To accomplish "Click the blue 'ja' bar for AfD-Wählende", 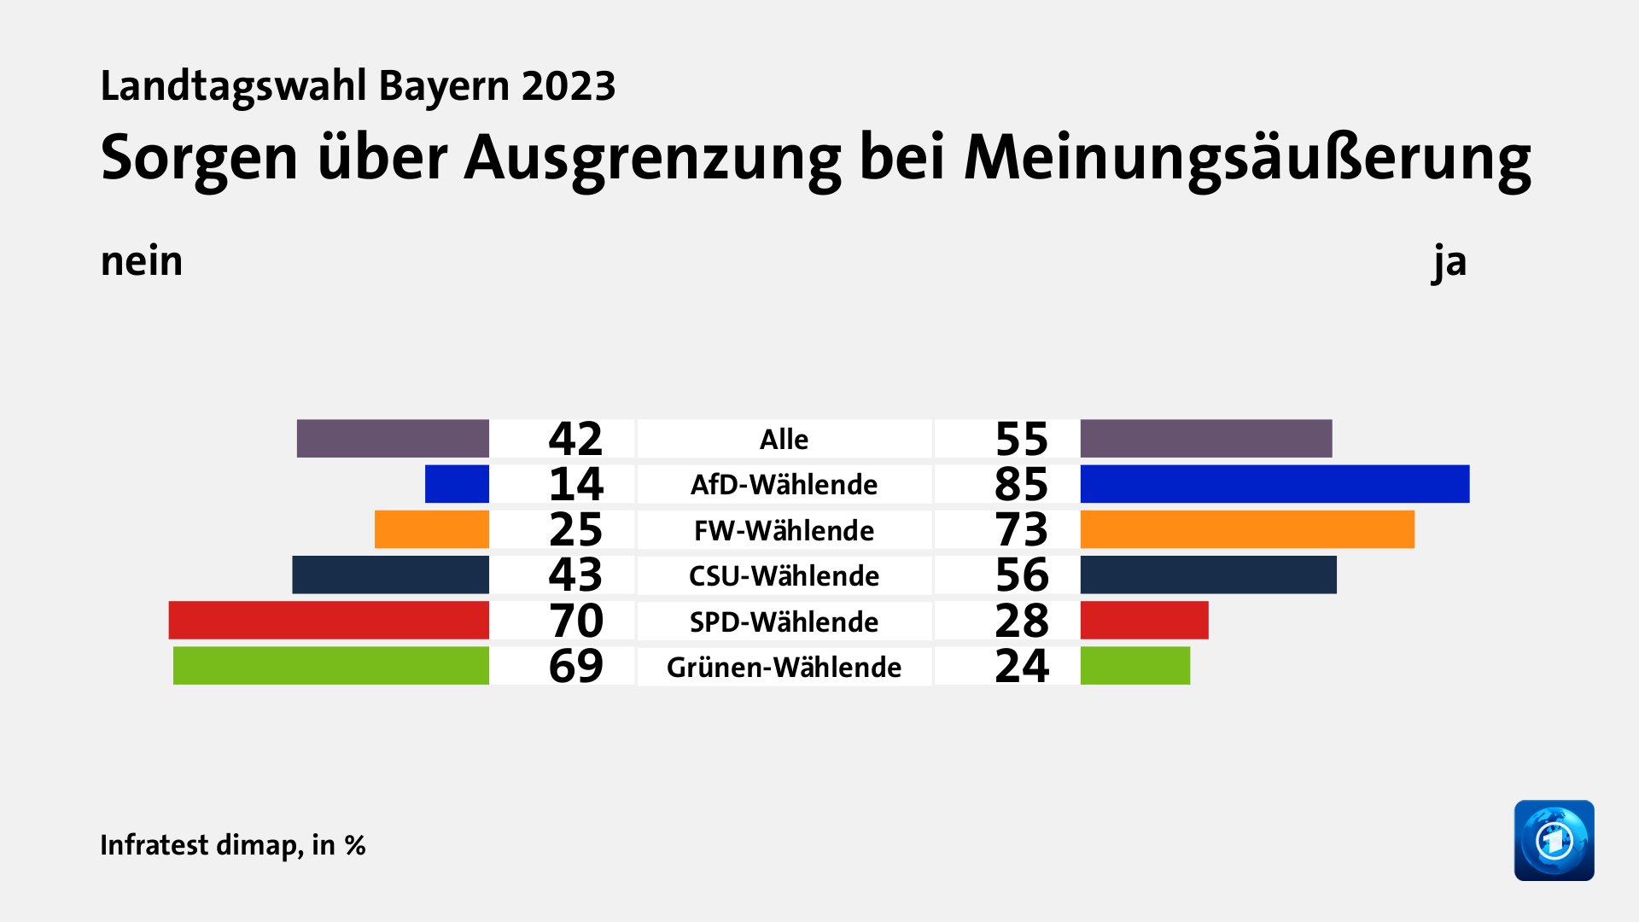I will click(x=1274, y=484).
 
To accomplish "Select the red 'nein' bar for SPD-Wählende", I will click(x=329, y=621).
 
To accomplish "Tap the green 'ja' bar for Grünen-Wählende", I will click(x=1134, y=666).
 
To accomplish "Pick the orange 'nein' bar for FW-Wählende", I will click(x=431, y=529).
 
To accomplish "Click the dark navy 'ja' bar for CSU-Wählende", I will click(x=1208, y=575).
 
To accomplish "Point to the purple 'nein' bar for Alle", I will click(x=393, y=439).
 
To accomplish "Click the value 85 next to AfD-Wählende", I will click(x=1021, y=484).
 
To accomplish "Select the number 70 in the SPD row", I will click(x=575, y=621).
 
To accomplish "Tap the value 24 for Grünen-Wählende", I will click(x=1021, y=666).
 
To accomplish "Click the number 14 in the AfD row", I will click(x=575, y=484).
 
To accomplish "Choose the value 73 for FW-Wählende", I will click(x=1021, y=529).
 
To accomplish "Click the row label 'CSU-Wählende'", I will click(x=784, y=575).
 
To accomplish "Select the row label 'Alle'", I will click(x=784, y=439).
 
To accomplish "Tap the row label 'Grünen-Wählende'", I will click(x=784, y=667).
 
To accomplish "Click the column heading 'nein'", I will click(x=142, y=261).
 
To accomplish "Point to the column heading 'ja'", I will click(x=1449, y=261).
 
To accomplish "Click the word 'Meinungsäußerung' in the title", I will click(x=1247, y=158).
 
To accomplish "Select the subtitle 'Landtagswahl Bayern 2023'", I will click(x=358, y=86).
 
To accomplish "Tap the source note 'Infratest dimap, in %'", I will click(x=232, y=844).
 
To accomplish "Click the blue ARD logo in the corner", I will click(x=1554, y=840).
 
